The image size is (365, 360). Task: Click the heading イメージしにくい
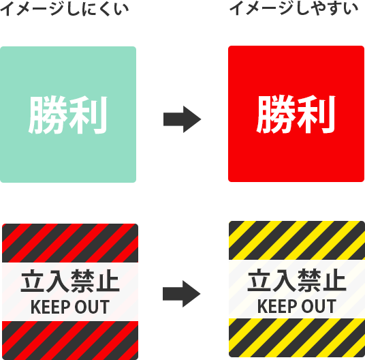[x=64, y=9]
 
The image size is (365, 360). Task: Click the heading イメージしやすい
[x=293, y=8]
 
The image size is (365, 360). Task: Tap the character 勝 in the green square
[x=48, y=115]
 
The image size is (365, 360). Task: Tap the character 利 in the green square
[x=88, y=115]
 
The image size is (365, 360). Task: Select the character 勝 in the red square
[x=276, y=114]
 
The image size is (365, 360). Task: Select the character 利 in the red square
[x=316, y=114]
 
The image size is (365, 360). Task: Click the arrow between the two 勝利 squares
[x=182, y=119]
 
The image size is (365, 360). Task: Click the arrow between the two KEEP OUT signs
[x=182, y=294]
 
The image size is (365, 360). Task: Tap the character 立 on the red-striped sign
[x=33, y=281]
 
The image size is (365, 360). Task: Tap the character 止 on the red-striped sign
[x=108, y=281]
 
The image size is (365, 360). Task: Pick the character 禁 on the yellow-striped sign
[x=309, y=280]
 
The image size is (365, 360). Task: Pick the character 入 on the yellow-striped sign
[x=284, y=280]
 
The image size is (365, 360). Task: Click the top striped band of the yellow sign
[x=297, y=240]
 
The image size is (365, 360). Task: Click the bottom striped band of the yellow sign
[x=297, y=337]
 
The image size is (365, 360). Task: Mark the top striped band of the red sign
[x=70, y=243]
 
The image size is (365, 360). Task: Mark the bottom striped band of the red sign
[x=70, y=340]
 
